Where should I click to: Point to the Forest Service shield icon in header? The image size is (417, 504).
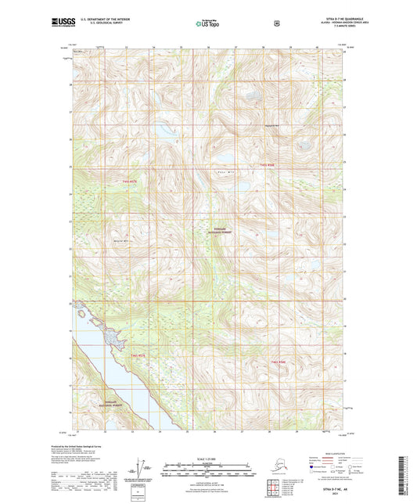click(277, 23)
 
